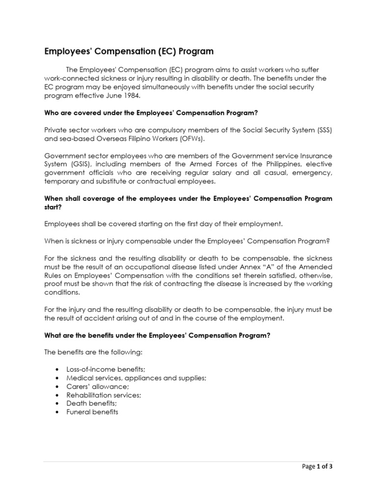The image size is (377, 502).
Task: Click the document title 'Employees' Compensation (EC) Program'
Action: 129,51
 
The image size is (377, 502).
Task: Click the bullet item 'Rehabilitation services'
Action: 104,395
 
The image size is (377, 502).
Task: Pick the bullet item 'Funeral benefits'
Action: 92,412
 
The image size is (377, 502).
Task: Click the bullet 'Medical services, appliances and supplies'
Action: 136,377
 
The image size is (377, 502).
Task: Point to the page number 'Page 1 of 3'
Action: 317,467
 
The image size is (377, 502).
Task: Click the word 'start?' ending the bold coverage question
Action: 53,207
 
